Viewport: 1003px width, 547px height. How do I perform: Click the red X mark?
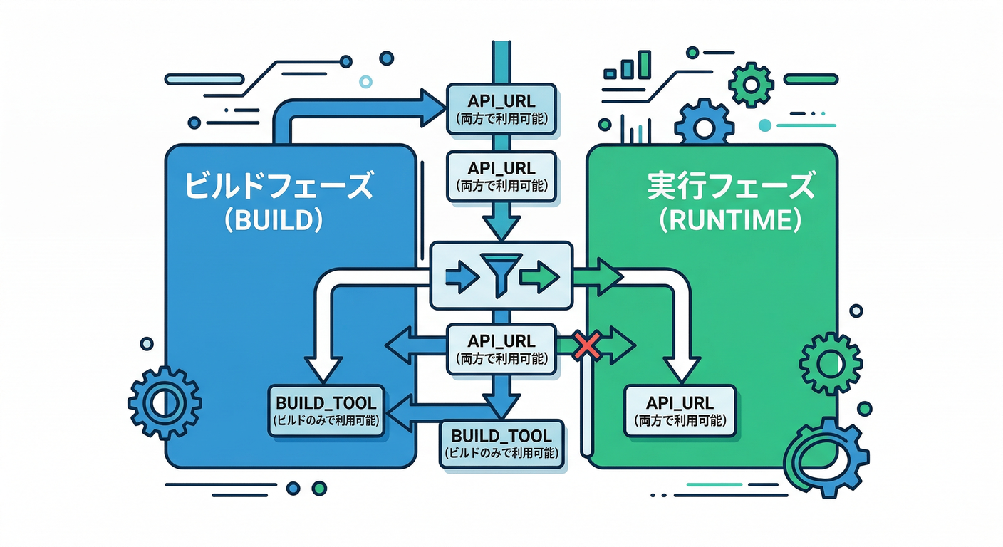click(586, 347)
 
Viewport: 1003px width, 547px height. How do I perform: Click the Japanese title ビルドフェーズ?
click(279, 187)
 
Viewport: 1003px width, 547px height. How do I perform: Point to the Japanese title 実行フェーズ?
click(731, 187)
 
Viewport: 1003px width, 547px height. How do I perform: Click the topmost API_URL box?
click(501, 108)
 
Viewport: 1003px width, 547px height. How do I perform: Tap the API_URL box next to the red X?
click(501, 348)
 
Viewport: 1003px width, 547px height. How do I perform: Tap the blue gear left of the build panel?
click(165, 402)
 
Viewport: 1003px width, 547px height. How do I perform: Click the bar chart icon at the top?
click(628, 66)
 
